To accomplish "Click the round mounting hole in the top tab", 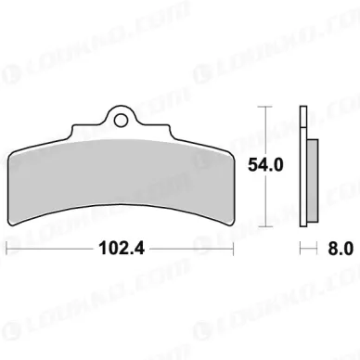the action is [x=121, y=120].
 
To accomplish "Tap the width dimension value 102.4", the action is [x=122, y=249].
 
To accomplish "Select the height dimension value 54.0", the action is [x=265, y=165].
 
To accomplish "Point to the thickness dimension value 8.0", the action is [x=341, y=249].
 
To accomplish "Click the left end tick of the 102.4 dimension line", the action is [x=6, y=249].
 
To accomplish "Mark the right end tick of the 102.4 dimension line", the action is [x=233, y=249].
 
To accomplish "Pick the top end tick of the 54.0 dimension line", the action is [x=265, y=107].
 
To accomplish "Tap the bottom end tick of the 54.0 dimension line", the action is [x=265, y=226].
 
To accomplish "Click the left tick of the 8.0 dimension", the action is [x=301, y=249].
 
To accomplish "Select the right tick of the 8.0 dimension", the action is [x=317, y=249].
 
